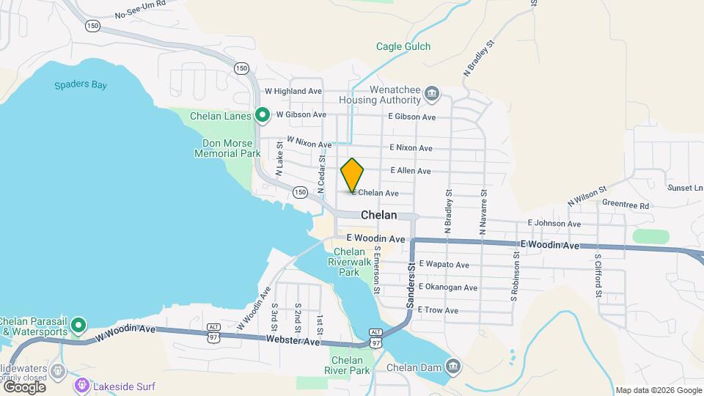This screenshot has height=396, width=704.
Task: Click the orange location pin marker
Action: [x=353, y=175]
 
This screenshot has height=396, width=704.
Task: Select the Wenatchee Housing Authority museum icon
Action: [x=432, y=94]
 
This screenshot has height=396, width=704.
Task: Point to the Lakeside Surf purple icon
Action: [x=82, y=385]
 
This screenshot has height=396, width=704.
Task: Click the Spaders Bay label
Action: [x=81, y=85]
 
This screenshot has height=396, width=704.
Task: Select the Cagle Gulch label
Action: [x=403, y=46]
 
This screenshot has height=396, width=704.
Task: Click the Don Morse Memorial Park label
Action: [x=227, y=148]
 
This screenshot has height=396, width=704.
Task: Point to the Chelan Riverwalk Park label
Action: [x=354, y=262]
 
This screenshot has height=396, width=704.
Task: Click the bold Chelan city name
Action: [x=378, y=216]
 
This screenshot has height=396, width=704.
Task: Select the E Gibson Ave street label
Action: [x=412, y=117]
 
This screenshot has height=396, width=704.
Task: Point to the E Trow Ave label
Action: [x=438, y=310]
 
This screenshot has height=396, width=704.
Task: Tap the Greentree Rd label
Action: [x=626, y=206]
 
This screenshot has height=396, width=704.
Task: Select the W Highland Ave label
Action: [x=293, y=91]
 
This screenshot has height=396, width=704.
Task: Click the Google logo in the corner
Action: [x=23, y=386]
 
